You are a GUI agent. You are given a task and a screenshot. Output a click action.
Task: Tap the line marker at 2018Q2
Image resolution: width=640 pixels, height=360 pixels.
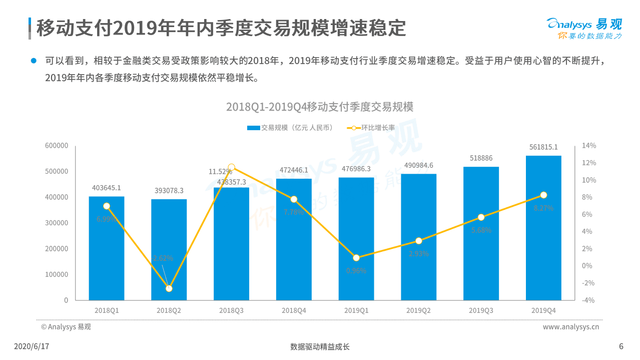point(169,288)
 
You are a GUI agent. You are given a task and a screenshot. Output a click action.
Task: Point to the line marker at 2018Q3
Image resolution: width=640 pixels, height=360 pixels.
point(231,167)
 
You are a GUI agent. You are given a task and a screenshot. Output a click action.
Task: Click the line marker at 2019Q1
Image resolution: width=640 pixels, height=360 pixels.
point(356,258)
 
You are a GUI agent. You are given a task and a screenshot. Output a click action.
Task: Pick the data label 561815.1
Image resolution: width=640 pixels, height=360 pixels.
point(543,147)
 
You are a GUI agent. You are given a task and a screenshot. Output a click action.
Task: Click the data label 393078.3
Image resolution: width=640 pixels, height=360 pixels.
point(169,191)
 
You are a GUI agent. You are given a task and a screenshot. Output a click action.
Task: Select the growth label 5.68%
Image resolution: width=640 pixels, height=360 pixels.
point(481,230)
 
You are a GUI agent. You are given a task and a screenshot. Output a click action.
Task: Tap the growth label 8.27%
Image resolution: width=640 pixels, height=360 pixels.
point(543,208)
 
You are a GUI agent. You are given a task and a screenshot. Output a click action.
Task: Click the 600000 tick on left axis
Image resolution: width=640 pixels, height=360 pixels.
point(57,146)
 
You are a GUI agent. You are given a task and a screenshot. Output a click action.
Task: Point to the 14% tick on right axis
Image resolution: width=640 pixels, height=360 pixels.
point(588,146)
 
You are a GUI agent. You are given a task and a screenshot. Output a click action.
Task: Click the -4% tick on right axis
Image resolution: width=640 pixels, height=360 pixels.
point(588,300)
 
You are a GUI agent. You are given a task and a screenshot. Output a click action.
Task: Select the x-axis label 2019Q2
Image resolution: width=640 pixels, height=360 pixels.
point(418,310)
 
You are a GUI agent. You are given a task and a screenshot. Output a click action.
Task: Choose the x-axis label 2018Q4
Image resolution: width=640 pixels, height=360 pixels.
point(294,310)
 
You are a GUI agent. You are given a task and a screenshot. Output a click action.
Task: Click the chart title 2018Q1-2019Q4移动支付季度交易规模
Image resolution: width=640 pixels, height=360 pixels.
point(320,107)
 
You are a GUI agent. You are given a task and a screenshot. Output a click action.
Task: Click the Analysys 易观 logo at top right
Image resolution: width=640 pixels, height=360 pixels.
point(584,28)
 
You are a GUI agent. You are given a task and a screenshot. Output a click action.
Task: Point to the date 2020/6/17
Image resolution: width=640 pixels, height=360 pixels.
point(32,346)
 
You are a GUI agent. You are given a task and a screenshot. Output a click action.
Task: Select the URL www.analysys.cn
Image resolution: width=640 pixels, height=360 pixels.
point(571,327)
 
